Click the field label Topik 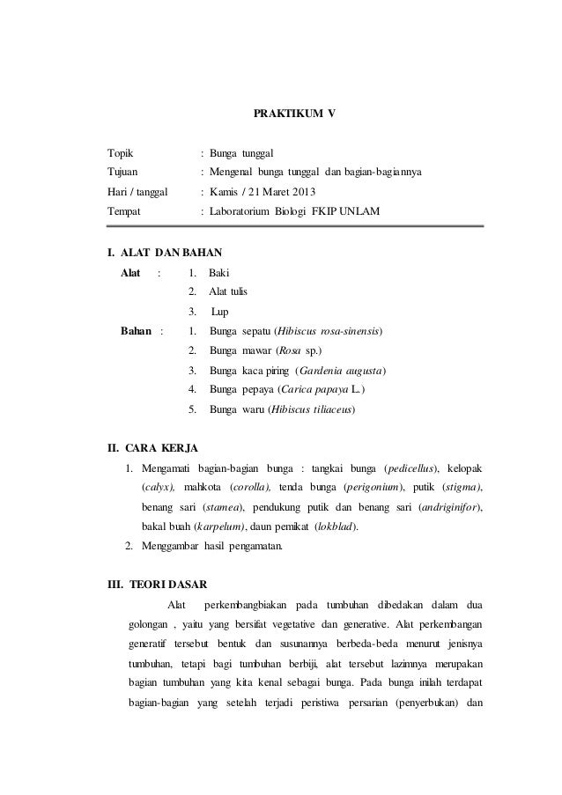(120, 153)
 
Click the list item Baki (218, 273)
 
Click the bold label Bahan (136, 331)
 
